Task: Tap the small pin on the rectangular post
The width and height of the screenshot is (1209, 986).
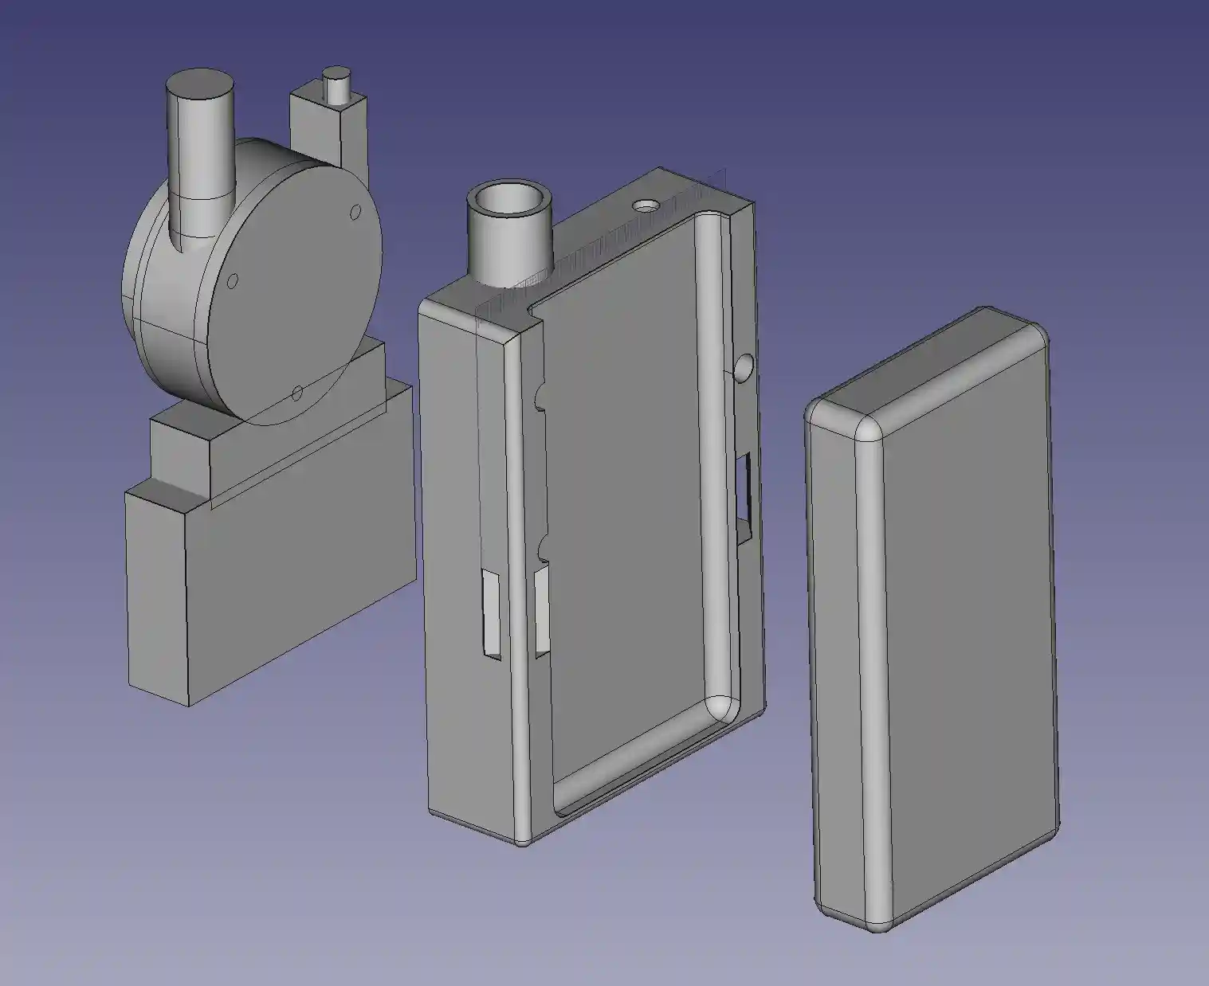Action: (336, 85)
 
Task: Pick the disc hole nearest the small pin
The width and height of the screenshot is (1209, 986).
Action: (353, 213)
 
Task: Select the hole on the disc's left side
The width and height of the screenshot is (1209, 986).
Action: (234, 281)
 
